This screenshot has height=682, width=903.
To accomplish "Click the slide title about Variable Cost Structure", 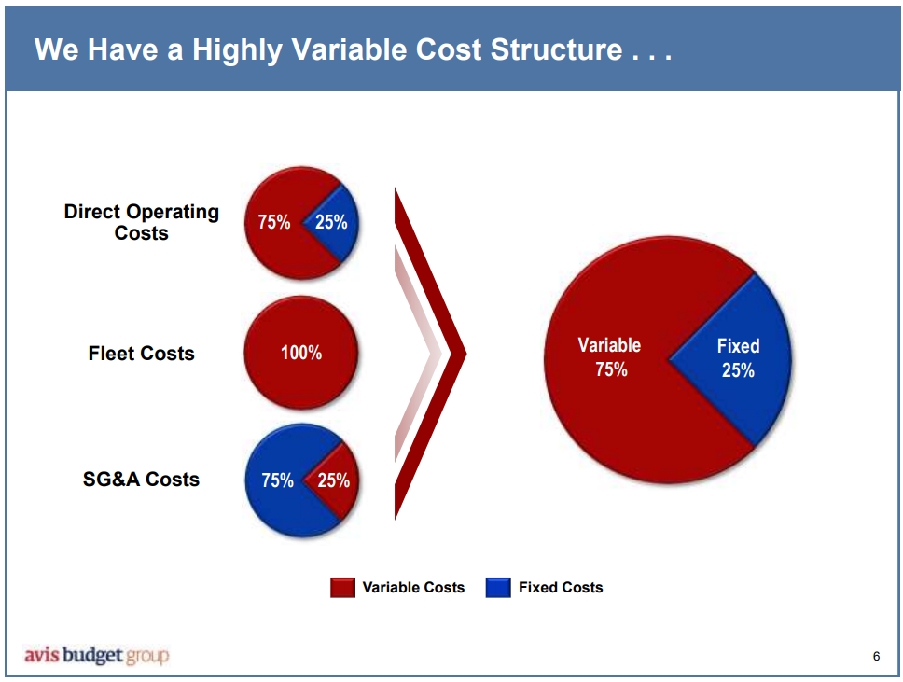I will coord(353,49).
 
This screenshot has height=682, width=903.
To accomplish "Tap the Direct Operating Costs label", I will coord(142,222).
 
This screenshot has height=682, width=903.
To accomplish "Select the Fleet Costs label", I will coord(142,354).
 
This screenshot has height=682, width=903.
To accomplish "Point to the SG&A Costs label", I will coord(142,480).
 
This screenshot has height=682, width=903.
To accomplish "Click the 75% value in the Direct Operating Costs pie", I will coord(274,222).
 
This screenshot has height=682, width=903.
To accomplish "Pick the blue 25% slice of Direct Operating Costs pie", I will coord(334,222).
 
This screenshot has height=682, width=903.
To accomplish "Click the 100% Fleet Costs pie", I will coord(300,353).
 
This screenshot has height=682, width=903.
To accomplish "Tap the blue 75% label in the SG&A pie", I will coord(277,480).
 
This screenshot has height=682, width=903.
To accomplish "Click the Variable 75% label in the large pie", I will coord(610,357).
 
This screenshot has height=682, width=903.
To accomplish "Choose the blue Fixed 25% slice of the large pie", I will coord(738,357).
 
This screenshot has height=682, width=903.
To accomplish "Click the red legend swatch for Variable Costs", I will coord(342,588).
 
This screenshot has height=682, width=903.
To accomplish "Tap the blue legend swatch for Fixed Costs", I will coord(498,588).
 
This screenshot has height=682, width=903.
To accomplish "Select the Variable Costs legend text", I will coord(413,588).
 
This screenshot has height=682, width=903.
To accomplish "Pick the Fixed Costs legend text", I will coord(561,588).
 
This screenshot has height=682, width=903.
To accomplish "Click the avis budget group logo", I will coord(96,655).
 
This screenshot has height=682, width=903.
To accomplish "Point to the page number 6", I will coord(876,656).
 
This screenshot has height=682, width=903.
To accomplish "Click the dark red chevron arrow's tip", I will coord(462,354).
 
